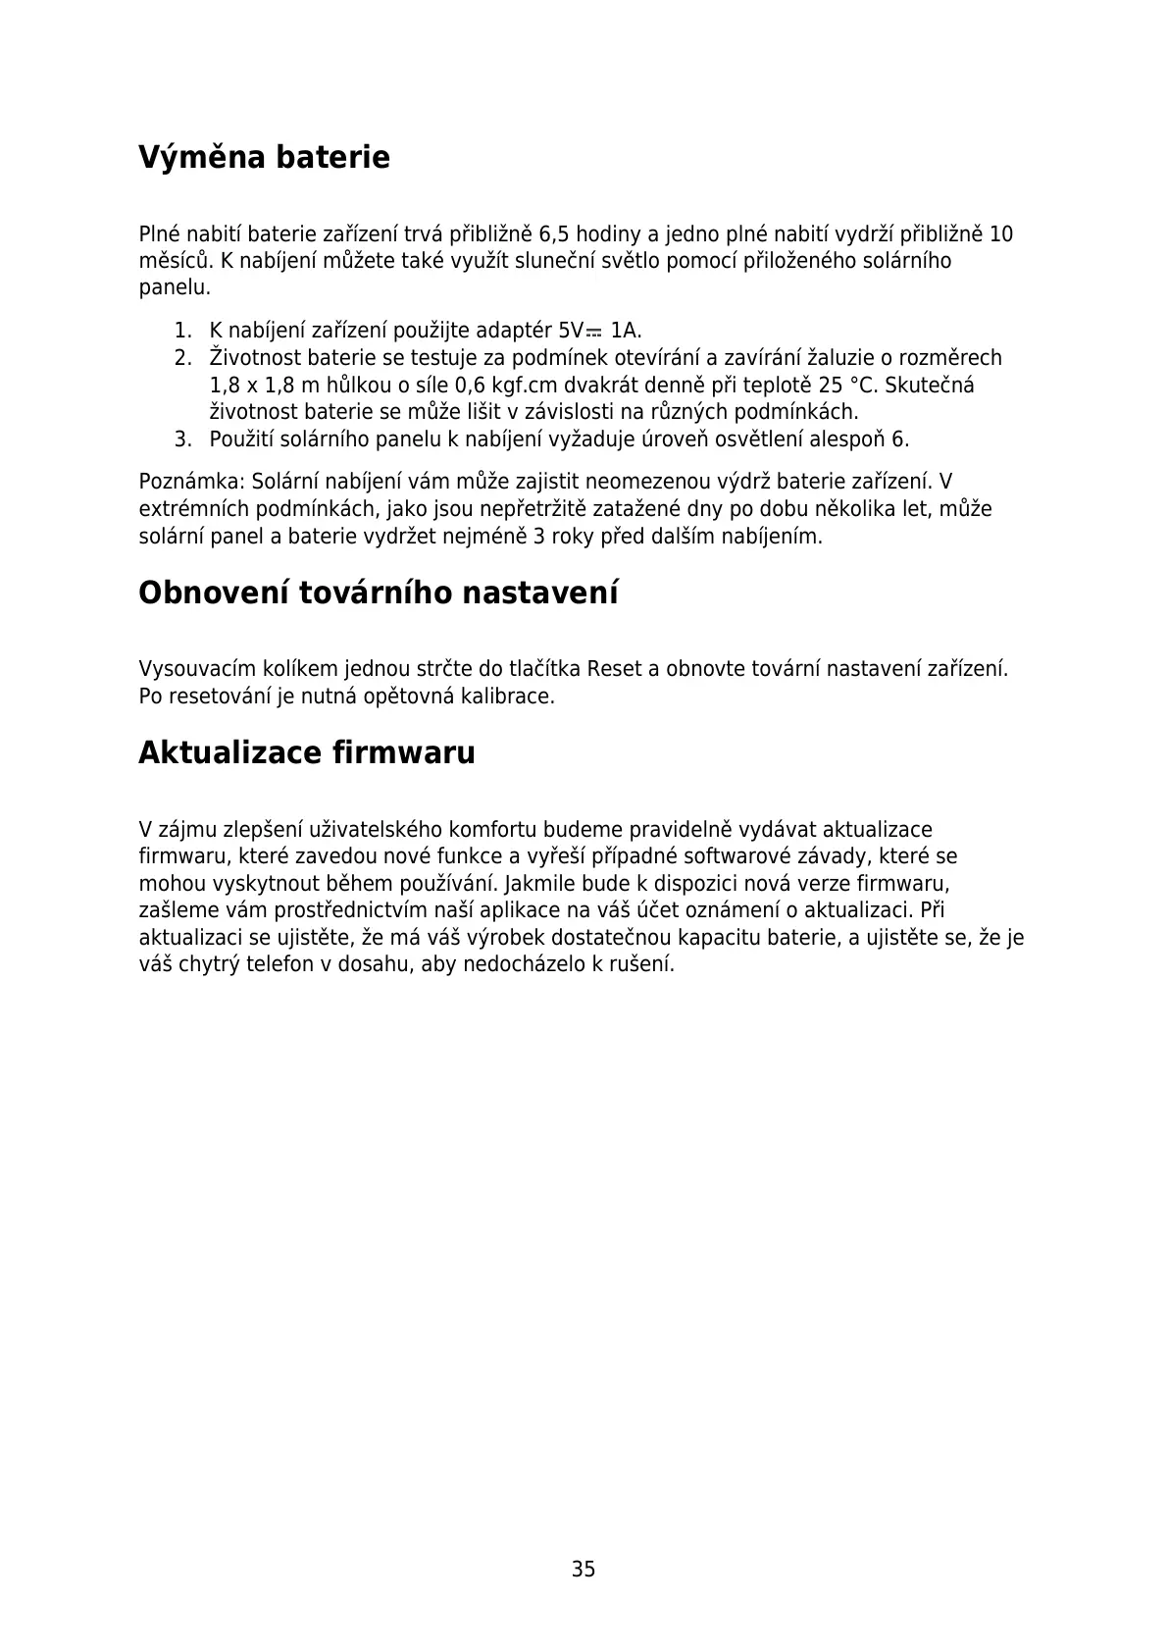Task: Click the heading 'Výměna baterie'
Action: tap(264, 157)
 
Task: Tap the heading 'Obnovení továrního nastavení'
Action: tap(379, 593)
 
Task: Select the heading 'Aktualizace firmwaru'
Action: tap(307, 752)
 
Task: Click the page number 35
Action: tap(584, 1570)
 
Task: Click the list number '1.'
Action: tap(182, 331)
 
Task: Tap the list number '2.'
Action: tap(182, 358)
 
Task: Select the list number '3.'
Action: tap(182, 439)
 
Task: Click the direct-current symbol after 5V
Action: tap(594, 333)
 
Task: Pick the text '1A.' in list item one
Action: tap(626, 331)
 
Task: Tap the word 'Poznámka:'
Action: tap(192, 482)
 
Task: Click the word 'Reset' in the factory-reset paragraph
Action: tap(613, 669)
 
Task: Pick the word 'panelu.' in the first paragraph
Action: tap(175, 287)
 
